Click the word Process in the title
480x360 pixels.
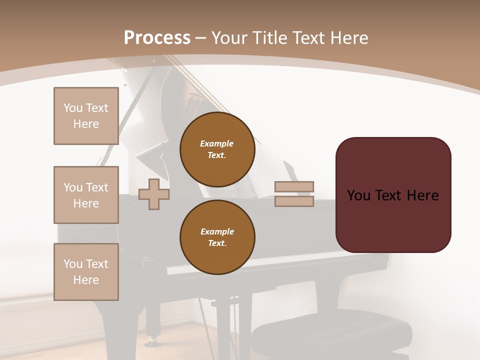coord(157,38)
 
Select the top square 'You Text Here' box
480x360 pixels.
coord(86,116)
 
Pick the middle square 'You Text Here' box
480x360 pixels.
coord(86,195)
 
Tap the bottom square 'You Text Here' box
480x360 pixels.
coord(86,272)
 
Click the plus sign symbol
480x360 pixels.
coord(154,194)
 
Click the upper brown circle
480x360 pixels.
coord(217,149)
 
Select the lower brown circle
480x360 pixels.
coord(217,237)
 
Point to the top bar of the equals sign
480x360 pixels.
coord(294,186)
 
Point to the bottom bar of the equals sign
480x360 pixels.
coord(294,201)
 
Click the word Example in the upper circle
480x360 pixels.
coord(216,143)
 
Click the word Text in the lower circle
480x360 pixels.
coord(216,243)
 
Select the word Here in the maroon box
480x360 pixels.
coord(422,195)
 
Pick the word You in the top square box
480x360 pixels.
coord(73,108)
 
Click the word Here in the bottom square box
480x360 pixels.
coord(86,280)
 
